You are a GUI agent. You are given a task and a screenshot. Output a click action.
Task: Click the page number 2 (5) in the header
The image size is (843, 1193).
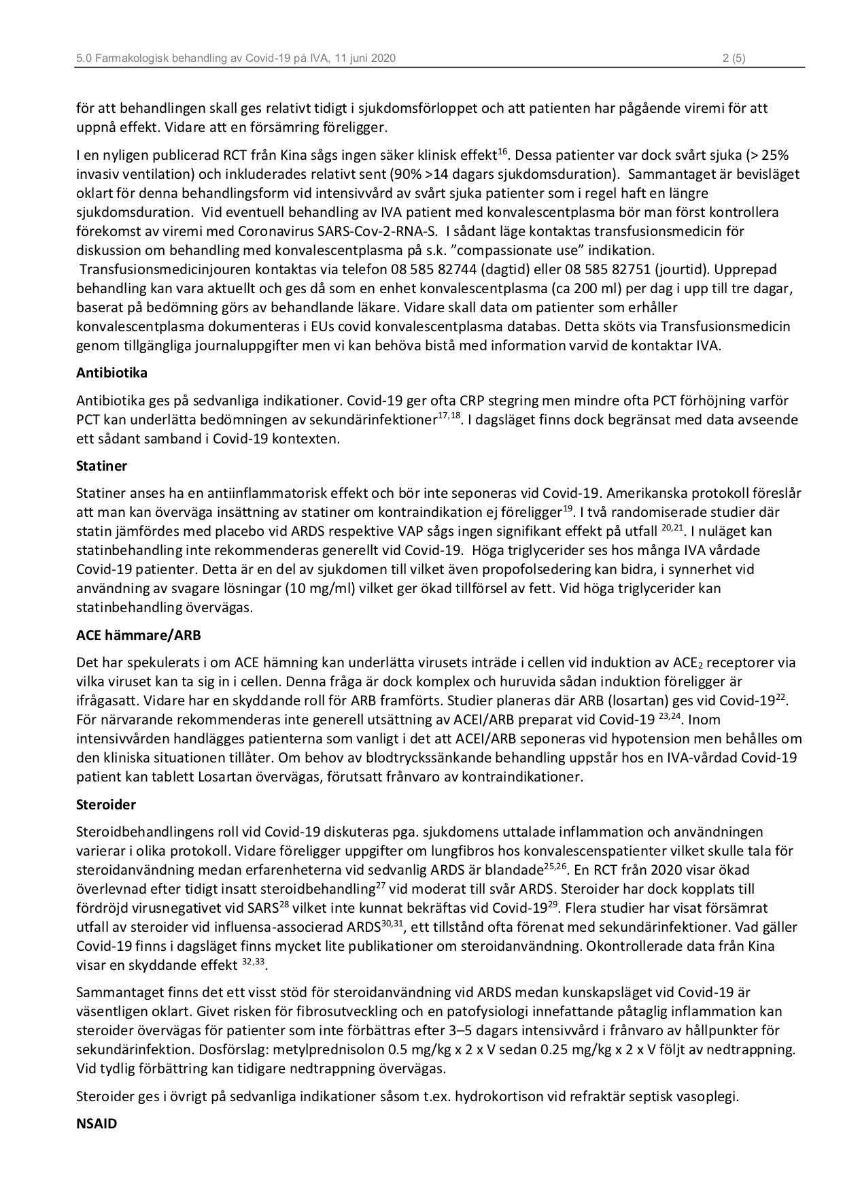[x=734, y=58]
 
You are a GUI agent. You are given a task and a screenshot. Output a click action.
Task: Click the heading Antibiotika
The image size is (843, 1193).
[x=111, y=373]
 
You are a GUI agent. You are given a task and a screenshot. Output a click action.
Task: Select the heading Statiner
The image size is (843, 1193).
[x=101, y=467]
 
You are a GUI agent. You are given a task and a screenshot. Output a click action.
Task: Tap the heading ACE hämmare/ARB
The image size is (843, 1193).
[x=139, y=636]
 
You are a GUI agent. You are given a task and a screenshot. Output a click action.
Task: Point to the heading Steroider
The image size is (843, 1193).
[x=106, y=805]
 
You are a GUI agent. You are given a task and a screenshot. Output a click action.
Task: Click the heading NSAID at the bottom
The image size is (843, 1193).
[x=97, y=1124]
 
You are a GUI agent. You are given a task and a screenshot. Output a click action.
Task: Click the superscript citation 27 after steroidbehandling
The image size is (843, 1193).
[x=381, y=886]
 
